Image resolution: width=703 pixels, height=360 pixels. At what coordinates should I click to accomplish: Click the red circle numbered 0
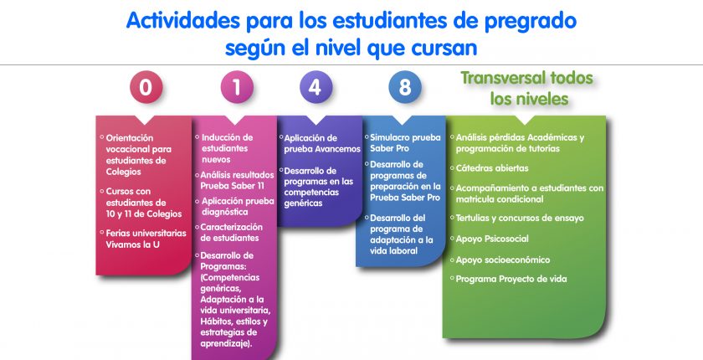click(146, 87)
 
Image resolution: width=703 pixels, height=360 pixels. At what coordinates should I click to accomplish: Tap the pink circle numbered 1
click(237, 87)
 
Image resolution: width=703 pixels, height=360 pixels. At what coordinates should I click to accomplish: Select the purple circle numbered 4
click(316, 87)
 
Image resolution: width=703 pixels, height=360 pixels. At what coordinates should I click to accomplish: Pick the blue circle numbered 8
click(405, 87)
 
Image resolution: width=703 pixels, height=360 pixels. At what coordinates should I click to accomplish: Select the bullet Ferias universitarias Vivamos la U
click(143, 239)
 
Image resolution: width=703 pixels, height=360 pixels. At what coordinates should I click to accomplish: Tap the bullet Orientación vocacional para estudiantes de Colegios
click(136, 155)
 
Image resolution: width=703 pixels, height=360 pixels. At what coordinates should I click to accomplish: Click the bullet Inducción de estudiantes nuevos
click(224, 148)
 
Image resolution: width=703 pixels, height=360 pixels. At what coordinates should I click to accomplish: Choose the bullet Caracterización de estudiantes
click(229, 233)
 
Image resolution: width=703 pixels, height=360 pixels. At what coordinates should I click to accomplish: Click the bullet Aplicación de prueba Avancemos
click(320, 143)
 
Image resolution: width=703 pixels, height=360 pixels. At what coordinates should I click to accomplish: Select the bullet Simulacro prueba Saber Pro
click(403, 143)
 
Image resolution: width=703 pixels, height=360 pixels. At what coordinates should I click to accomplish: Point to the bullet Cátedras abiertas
click(490, 168)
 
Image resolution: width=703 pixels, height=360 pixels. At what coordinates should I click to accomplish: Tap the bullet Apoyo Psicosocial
click(490, 239)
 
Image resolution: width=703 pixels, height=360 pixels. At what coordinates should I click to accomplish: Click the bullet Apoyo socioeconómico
click(500, 260)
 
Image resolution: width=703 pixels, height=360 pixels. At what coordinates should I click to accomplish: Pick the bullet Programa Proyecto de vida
click(509, 279)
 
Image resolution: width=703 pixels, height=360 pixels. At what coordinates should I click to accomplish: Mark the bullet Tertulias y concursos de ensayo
click(517, 219)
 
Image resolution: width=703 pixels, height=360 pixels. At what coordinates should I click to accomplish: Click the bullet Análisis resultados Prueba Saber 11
click(235, 180)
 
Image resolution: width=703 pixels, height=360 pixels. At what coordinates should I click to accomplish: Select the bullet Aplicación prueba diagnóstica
click(235, 206)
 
